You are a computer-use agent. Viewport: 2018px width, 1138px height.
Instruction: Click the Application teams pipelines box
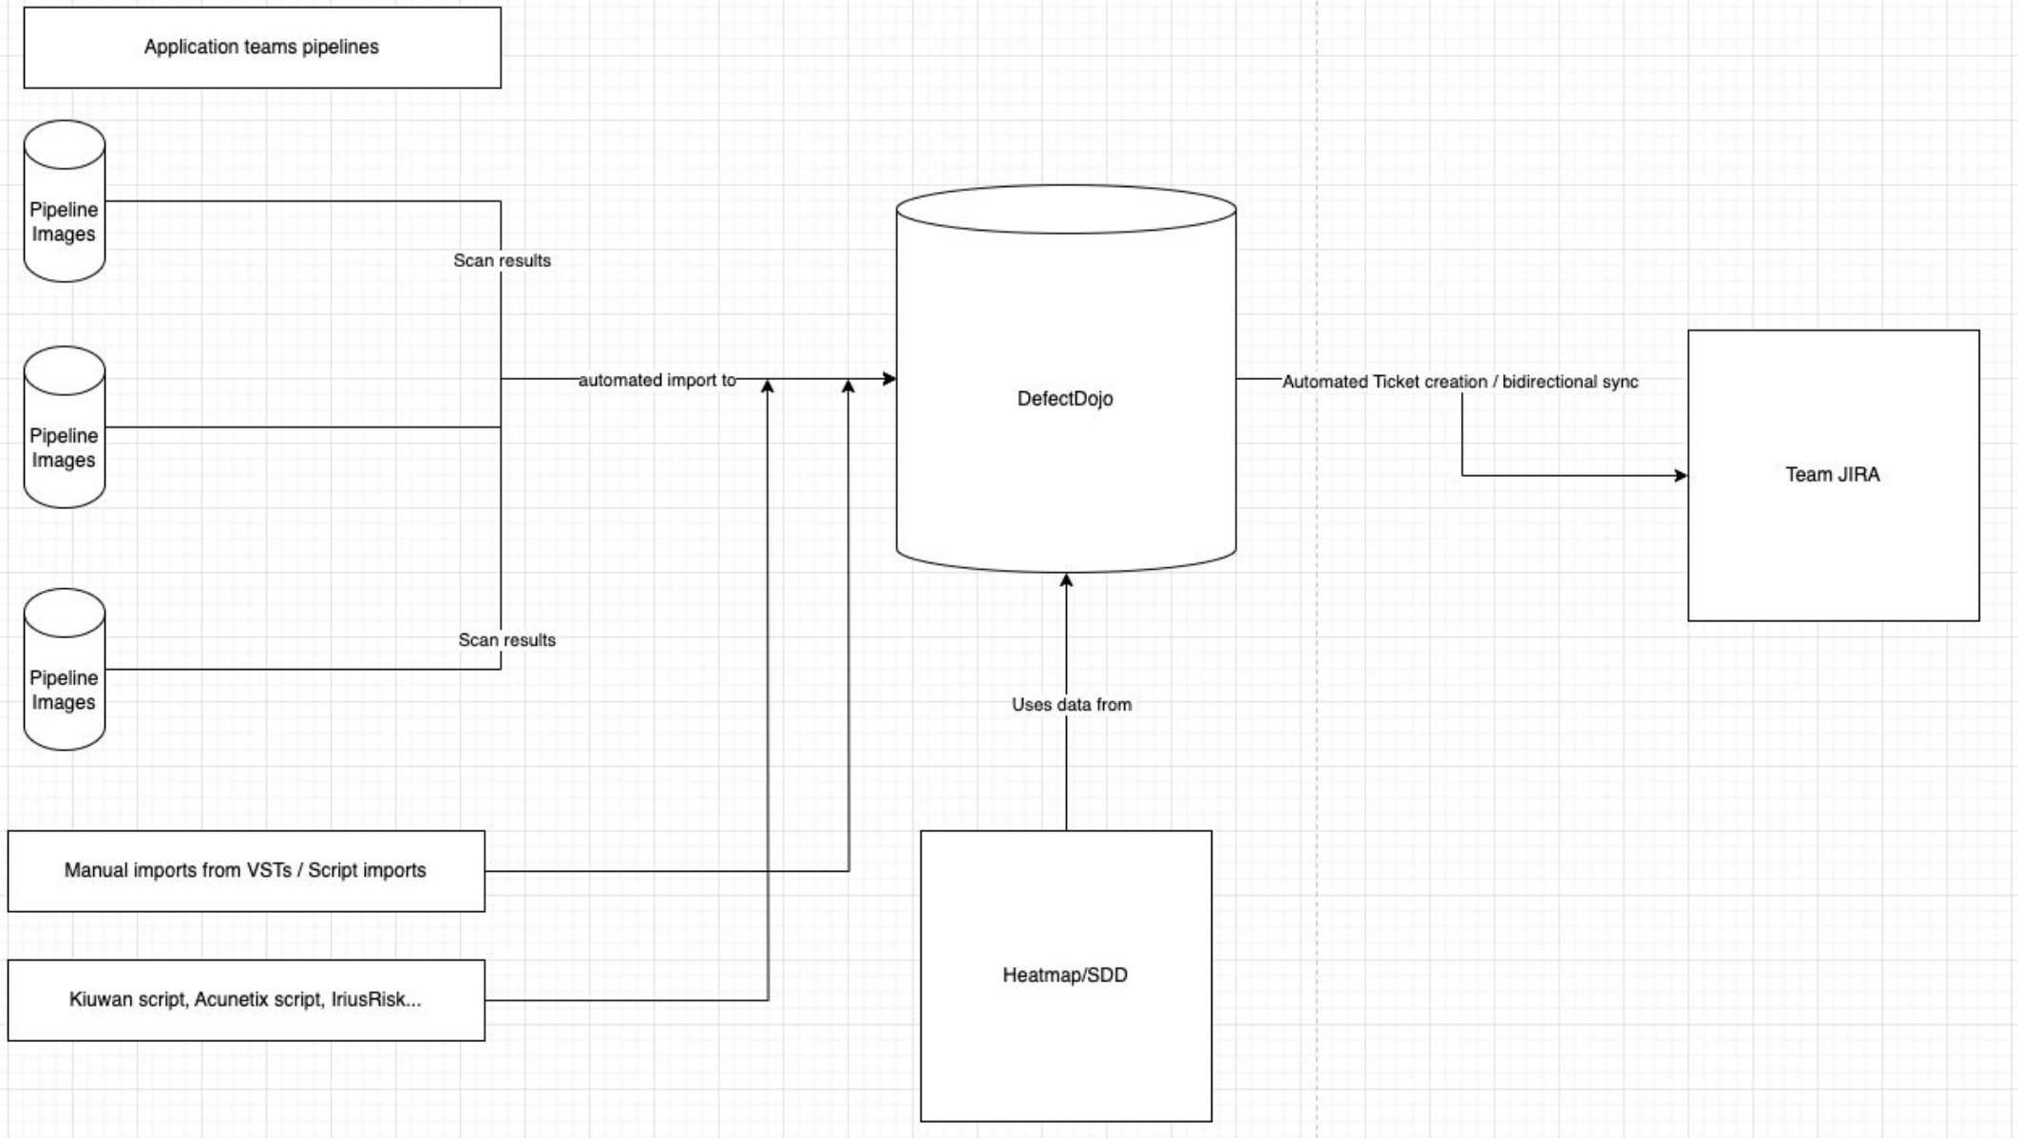click(x=262, y=47)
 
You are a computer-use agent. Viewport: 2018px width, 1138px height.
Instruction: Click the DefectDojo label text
click(x=1065, y=399)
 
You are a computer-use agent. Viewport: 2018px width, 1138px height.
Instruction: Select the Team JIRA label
click(x=1832, y=475)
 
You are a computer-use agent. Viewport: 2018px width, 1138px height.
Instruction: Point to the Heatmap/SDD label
click(x=1065, y=976)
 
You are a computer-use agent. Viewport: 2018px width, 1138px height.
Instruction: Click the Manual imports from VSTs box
click(x=246, y=871)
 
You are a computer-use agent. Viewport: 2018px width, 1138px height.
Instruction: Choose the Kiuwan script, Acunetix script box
click(x=246, y=1000)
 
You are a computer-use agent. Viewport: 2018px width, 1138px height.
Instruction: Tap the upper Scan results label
click(x=502, y=260)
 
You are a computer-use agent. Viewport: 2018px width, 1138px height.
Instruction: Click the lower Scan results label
click(x=506, y=640)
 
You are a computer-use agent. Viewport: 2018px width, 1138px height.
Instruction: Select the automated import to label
click(x=657, y=380)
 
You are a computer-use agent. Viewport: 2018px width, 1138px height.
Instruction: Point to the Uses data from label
click(x=1072, y=705)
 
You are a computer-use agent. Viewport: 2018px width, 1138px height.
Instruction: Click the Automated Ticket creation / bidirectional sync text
click(x=1460, y=382)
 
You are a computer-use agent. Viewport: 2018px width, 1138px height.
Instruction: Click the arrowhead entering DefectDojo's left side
click(x=889, y=379)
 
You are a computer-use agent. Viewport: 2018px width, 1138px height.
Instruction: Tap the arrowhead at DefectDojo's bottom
click(x=1066, y=580)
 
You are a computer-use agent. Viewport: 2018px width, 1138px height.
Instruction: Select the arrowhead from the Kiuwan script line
click(x=768, y=387)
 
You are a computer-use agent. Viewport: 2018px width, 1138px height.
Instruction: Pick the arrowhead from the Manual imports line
click(x=848, y=387)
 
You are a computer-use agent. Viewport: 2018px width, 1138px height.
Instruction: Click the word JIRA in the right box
click(x=1857, y=475)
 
